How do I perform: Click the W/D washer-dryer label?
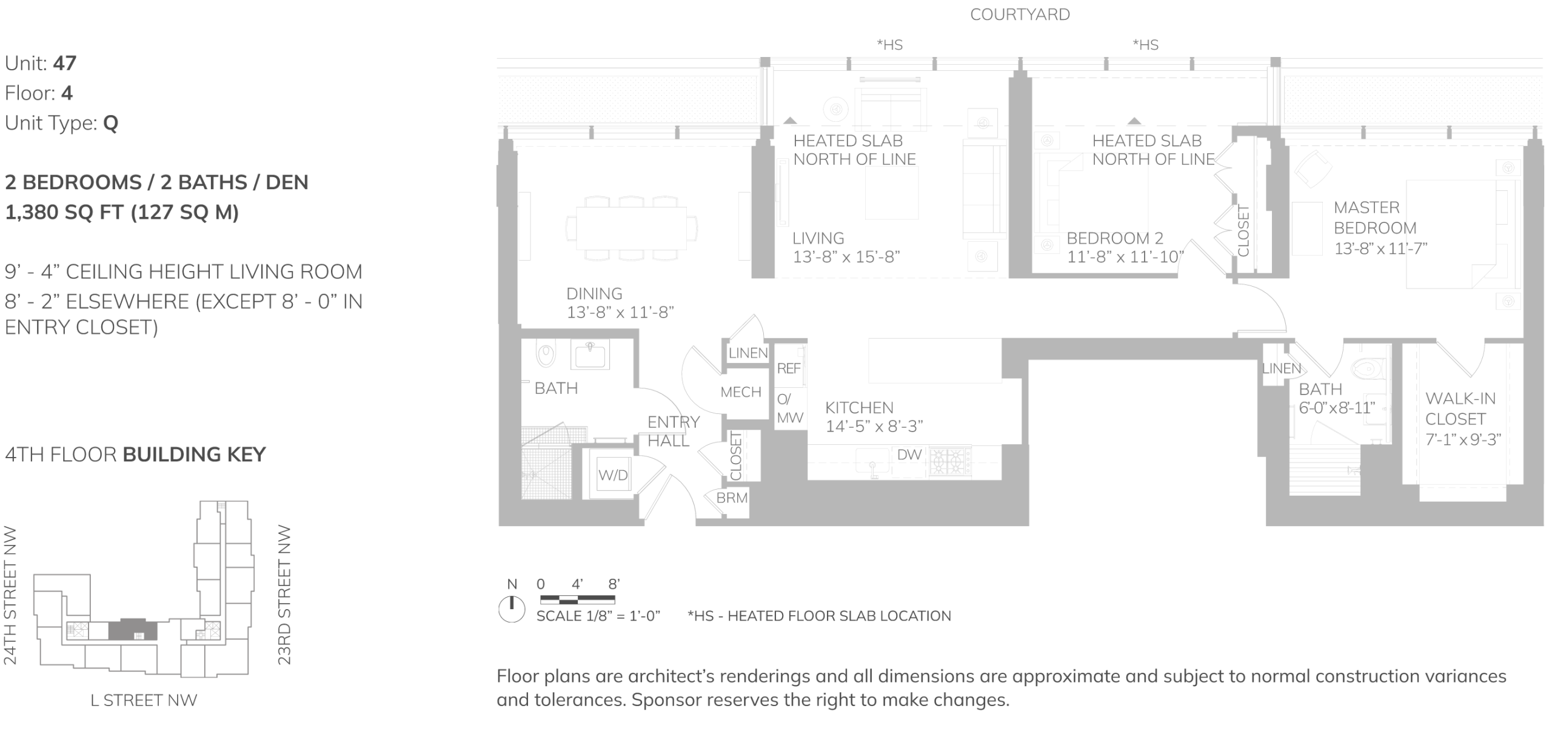tap(613, 475)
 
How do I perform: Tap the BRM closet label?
tap(732, 498)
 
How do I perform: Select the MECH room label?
tap(741, 392)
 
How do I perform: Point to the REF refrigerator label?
tap(789, 368)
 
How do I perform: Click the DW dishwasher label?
tap(909, 455)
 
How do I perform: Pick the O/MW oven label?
tap(790, 409)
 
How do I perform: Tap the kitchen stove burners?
tap(950, 462)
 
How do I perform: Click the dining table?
tap(631, 228)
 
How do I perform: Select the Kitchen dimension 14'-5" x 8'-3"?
tap(874, 426)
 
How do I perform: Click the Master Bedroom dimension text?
tap(1380, 248)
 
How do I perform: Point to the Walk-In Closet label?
tap(1460, 409)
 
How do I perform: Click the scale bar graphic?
tap(577, 600)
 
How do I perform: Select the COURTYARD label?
tap(1020, 15)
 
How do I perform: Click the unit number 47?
tap(64, 63)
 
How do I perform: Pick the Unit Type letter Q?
tap(110, 123)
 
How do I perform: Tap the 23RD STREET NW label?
tap(284, 595)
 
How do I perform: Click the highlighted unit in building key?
tap(133, 630)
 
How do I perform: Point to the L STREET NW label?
tap(144, 701)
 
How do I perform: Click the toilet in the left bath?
tap(546, 356)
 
